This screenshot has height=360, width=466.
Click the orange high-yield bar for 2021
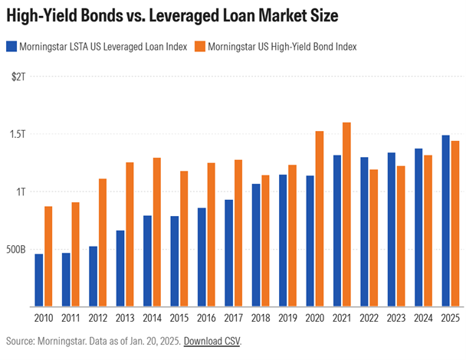tap(346, 214)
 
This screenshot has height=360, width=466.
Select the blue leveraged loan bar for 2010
tap(38, 280)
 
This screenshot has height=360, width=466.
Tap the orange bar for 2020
tap(319, 218)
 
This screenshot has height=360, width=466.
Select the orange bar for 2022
tap(373, 237)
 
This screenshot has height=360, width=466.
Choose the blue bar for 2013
tap(120, 268)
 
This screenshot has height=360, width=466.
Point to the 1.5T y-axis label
tap(16, 135)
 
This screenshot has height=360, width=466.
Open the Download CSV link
tap(212, 341)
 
